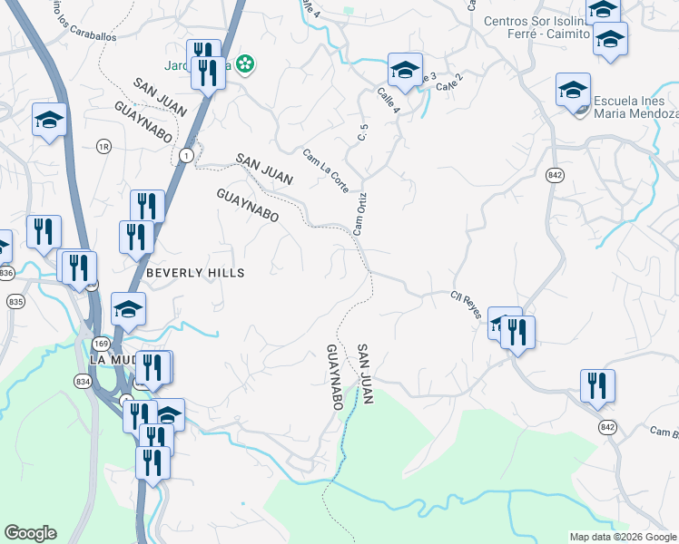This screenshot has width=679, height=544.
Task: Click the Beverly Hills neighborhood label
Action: coord(195,272)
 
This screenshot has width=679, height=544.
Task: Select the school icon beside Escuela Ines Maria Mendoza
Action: coord(573,92)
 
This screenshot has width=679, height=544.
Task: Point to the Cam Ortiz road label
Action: coord(359,214)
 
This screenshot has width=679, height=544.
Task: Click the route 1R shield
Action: coord(103,145)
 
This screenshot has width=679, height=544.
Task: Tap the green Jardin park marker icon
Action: coord(243,63)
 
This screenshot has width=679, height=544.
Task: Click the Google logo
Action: coord(30,533)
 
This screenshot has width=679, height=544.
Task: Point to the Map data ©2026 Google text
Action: coord(622,537)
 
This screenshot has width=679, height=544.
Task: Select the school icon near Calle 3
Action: coord(405,70)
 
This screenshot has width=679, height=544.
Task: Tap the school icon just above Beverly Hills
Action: coord(128,309)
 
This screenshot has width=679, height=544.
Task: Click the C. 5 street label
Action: coord(363,132)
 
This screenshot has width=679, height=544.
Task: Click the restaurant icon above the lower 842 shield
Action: coord(597,385)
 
